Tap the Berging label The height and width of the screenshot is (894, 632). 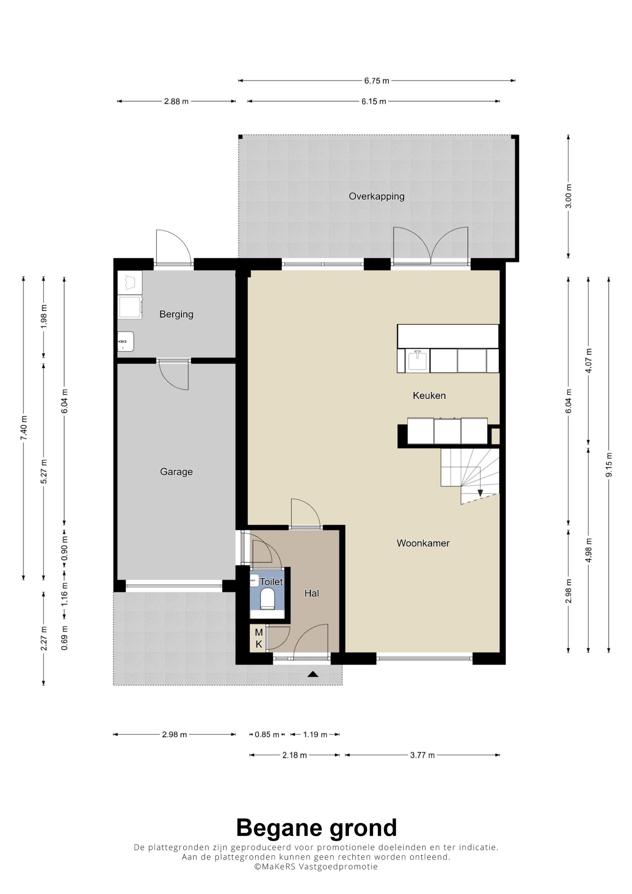point(176,314)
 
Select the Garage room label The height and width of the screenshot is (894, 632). point(176,472)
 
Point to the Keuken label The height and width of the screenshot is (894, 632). point(429,396)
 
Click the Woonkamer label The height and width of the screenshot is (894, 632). point(423,543)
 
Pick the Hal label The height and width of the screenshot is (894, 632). point(312,593)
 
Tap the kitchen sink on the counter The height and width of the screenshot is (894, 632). point(417,360)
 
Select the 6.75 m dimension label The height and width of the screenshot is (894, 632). point(377,81)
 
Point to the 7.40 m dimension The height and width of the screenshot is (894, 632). point(24,428)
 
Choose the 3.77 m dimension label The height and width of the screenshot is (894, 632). point(422,755)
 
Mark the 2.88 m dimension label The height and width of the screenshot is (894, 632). point(176,102)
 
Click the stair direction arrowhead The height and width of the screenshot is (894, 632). point(480,493)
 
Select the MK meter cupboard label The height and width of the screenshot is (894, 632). point(258,638)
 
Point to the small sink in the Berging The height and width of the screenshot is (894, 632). point(126,341)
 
